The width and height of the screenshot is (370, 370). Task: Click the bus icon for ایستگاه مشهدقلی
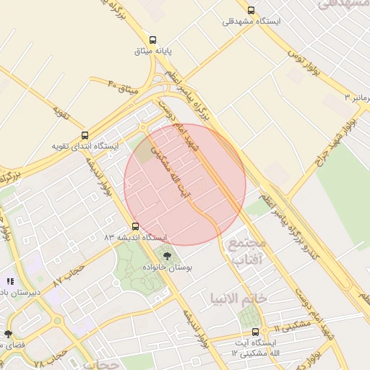coord(251,10)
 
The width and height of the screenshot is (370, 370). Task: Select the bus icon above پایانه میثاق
coord(152,40)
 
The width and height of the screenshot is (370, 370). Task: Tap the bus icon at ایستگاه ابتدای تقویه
coord(85,135)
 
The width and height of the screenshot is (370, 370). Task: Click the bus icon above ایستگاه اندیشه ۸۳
coord(135,226)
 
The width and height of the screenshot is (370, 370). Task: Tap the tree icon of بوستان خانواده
coord(167,255)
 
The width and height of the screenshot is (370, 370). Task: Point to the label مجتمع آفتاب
coord(246,251)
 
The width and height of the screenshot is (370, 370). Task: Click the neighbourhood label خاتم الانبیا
coord(238,297)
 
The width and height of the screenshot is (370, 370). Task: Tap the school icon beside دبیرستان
coord(9,281)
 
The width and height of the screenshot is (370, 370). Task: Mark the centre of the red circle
coord(185,184)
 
